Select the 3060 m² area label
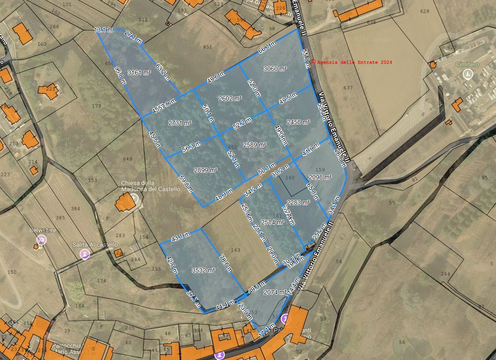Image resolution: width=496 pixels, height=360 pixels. coord(275,69)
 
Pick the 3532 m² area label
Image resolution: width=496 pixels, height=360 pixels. coord(203,271)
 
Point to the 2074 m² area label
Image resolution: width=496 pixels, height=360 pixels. coord(275,292)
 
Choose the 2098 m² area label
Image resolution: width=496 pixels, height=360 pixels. coord(320,177)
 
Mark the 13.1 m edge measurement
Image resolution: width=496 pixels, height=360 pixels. coord(103,30)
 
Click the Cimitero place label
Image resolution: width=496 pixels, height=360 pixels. coord(467,65)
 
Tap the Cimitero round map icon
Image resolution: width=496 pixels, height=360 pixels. coord(468,74)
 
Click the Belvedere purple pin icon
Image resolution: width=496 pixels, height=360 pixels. coord(42,239)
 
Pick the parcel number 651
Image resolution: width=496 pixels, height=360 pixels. coord(207,47)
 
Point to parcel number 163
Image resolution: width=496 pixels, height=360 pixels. coord(236,250)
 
